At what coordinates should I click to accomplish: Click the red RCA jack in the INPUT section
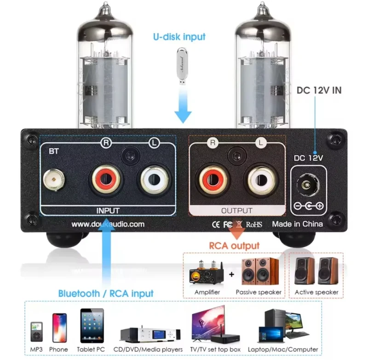click(106, 179)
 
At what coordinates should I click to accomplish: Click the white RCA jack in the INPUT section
click(154, 179)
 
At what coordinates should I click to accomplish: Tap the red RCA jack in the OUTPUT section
click(213, 180)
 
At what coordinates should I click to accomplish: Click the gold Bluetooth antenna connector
click(54, 180)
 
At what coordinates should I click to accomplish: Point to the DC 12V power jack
click(308, 185)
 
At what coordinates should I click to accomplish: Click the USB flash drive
click(182, 66)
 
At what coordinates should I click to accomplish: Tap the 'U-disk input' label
click(179, 37)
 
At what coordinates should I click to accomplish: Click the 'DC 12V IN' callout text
click(319, 90)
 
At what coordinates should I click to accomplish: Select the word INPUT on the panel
click(108, 211)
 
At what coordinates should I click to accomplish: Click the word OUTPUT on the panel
click(237, 211)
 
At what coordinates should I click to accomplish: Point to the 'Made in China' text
click(297, 224)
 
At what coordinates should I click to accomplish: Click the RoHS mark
click(254, 224)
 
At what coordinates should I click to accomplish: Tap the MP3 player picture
click(37, 332)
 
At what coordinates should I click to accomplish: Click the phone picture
click(60, 328)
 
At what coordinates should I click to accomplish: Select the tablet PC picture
click(92, 326)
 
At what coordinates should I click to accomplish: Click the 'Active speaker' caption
click(316, 292)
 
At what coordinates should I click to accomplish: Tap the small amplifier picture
click(206, 272)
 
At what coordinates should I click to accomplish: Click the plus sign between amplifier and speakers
click(232, 274)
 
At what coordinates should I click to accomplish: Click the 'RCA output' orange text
click(234, 246)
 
